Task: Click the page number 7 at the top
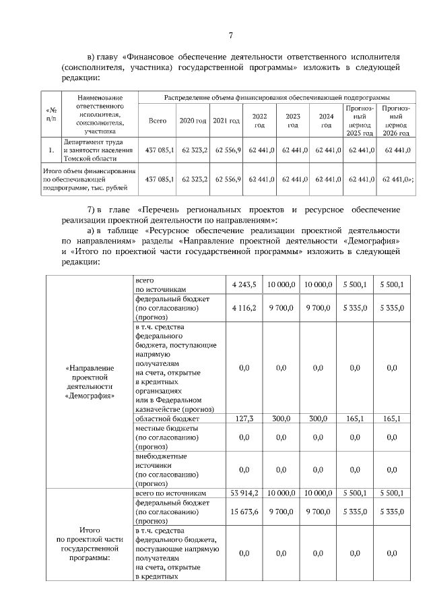click(x=230, y=36)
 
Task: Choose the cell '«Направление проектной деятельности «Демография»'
click(x=90, y=382)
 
